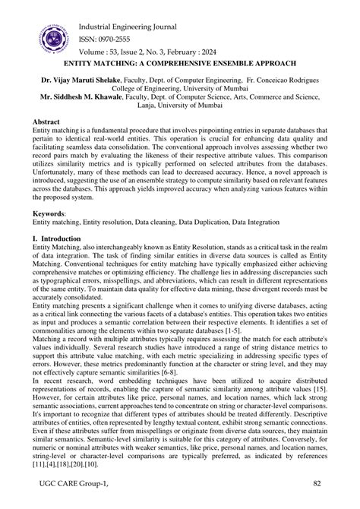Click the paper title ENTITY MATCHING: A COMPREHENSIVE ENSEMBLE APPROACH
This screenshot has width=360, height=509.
click(x=180, y=65)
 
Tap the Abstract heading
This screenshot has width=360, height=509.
click(x=49, y=122)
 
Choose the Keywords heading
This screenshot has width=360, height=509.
click(x=51, y=213)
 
